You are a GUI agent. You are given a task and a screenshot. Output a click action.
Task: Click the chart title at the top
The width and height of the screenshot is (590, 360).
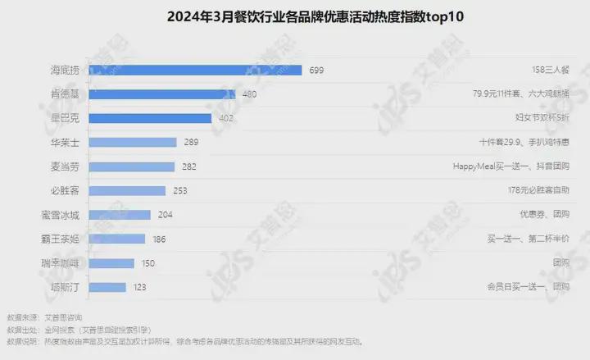tap(296, 16)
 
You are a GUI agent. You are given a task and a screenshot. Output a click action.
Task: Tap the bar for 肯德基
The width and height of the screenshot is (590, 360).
tap(161, 94)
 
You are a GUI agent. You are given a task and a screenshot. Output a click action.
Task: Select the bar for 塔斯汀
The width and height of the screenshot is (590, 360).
tap(106, 288)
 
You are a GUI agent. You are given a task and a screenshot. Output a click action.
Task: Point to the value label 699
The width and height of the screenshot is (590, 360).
tap(316, 71)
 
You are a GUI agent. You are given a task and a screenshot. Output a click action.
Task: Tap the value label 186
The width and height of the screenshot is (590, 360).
tap(159, 239)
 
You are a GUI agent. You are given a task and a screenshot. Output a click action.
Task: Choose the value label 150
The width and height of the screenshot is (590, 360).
tap(148, 263)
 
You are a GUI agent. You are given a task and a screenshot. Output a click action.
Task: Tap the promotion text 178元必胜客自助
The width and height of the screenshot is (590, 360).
tap(538, 191)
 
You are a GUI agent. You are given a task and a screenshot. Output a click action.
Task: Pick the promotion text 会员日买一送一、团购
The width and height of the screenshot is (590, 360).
tap(528, 288)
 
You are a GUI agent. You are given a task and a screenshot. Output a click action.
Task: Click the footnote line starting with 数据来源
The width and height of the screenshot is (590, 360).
tap(44, 317)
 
